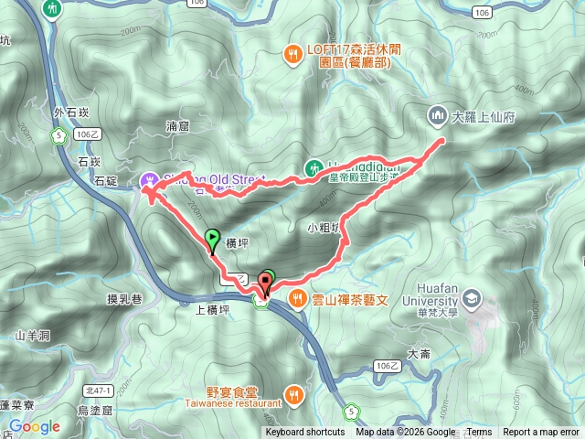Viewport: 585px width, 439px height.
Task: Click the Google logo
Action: tap(35, 426)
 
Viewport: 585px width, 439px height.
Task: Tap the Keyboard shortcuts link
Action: tap(305, 433)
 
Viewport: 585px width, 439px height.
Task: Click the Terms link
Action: tap(479, 433)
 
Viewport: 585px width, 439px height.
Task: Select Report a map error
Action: tap(541, 433)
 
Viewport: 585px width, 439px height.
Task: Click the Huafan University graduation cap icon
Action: tap(471, 299)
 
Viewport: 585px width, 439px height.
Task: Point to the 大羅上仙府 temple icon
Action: tap(436, 116)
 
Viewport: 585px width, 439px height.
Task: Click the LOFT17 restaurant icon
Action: tap(292, 53)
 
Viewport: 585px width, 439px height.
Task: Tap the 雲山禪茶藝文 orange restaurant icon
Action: tap(297, 298)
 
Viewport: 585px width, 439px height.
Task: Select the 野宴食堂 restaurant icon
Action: tap(293, 395)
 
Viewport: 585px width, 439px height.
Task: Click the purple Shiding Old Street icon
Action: tap(150, 178)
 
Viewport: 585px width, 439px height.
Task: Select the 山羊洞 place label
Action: tap(31, 335)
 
